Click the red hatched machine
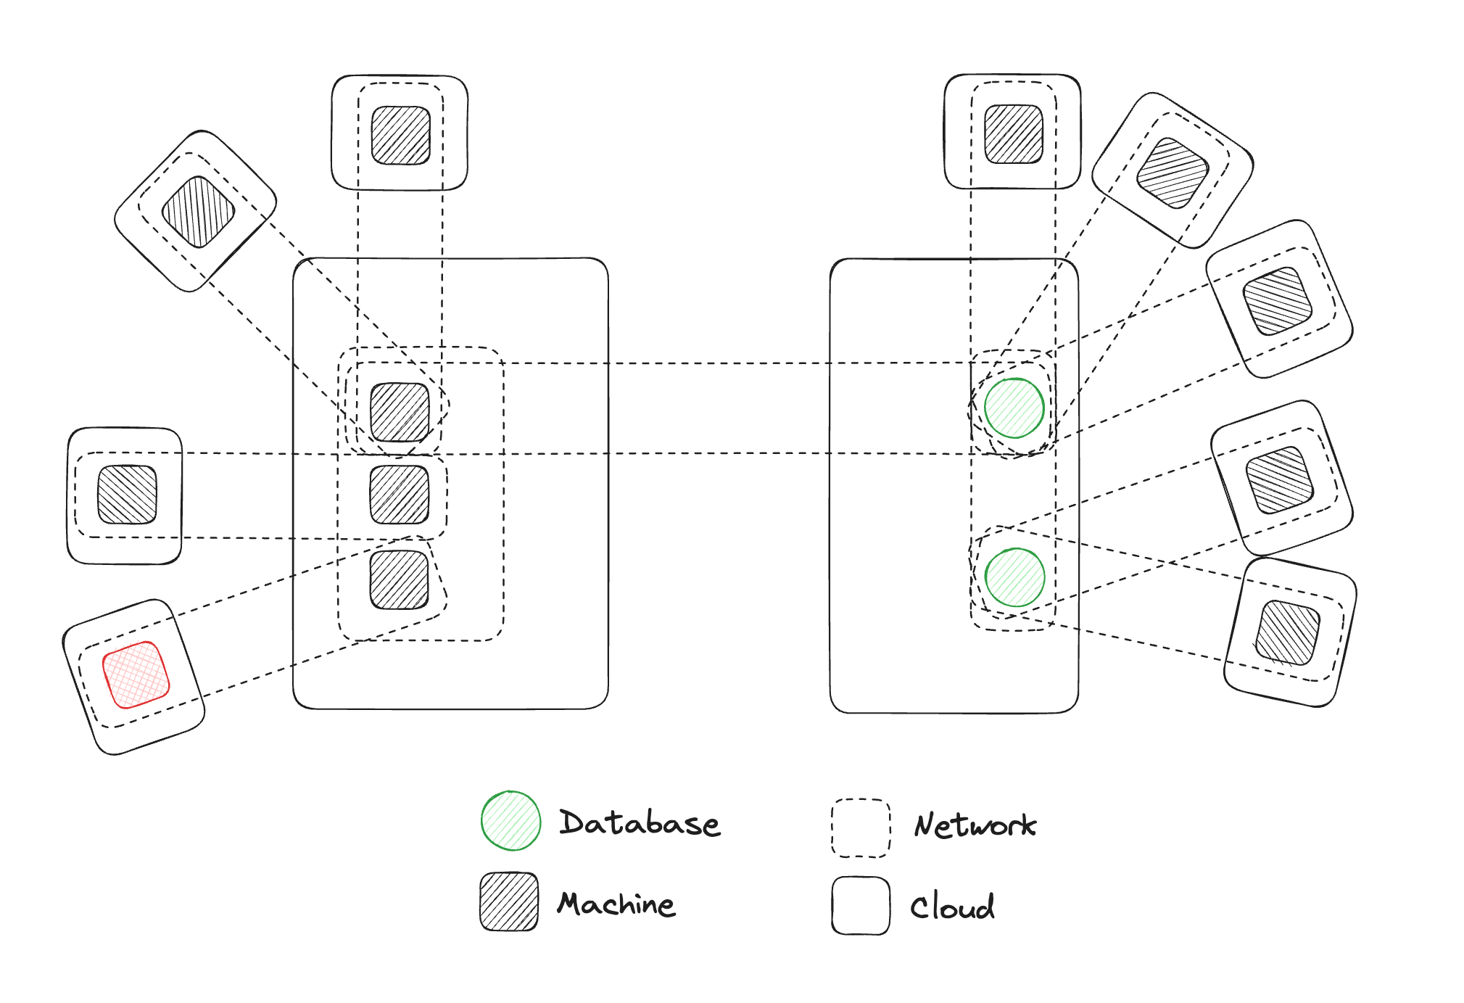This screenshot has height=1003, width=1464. tap(136, 674)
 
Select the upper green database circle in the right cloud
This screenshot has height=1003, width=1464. tap(1014, 408)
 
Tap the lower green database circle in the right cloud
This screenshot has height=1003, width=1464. tap(1015, 577)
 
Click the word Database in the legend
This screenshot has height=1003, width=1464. tap(640, 823)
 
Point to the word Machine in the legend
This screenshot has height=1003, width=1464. tap(616, 904)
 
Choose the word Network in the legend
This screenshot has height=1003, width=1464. tap(975, 825)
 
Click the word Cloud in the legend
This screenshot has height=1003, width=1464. tap(952, 907)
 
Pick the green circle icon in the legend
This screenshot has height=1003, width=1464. tap(511, 820)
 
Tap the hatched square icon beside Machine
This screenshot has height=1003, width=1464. tap(509, 901)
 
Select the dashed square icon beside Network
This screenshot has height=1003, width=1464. tap(861, 828)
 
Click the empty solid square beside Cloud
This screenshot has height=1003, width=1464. tap(861, 906)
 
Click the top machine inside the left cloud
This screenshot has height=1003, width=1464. tap(400, 412)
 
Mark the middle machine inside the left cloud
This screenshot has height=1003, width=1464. tap(400, 495)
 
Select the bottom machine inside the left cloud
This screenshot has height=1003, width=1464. tap(400, 579)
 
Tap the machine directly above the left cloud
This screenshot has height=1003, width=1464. tap(401, 136)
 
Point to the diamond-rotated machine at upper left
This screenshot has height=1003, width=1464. tap(198, 212)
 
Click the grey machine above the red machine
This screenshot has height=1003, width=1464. tap(127, 495)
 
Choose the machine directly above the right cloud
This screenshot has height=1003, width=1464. tap(1014, 134)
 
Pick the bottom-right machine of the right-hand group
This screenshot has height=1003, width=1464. tap(1287, 632)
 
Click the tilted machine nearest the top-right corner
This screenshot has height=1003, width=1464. tap(1173, 173)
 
